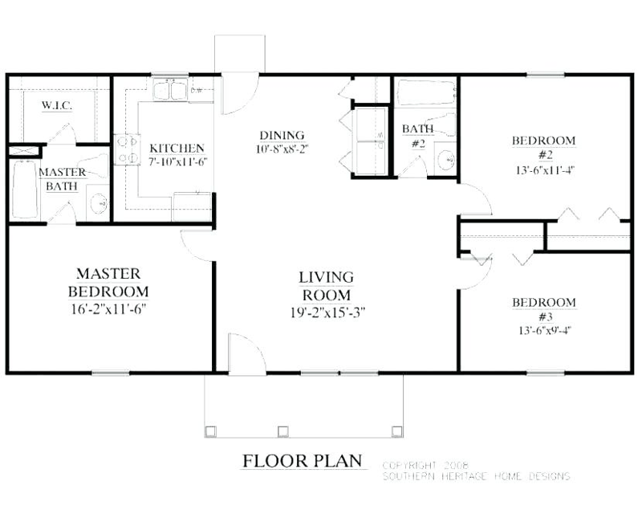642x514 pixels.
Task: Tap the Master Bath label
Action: pos(58,179)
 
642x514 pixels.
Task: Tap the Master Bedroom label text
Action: pos(108,281)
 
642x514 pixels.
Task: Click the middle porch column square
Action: pos(282,430)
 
